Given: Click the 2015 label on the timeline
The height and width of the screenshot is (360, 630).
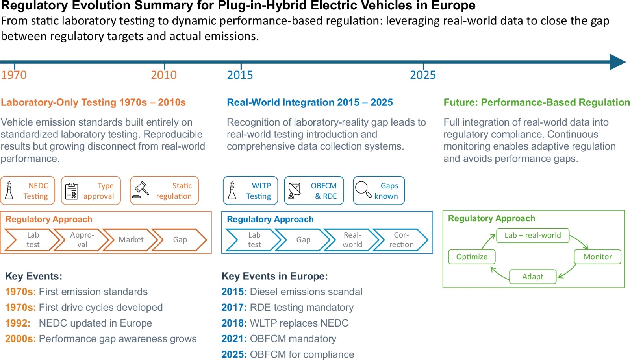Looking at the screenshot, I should click(240, 75).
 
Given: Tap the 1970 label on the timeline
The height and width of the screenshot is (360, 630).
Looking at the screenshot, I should click(14, 75).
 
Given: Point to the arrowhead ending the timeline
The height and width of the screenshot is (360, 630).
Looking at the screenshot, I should click(617, 62).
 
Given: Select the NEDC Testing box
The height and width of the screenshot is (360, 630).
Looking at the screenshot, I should click(28, 191).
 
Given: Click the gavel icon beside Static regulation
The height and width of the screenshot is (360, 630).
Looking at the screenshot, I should click(141, 190).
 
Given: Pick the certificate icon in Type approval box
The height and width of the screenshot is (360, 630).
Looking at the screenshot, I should click(71, 191).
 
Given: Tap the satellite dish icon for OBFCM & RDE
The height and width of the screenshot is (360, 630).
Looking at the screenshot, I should click(295, 191).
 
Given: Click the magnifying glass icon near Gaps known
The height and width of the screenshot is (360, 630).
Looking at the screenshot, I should click(363, 189).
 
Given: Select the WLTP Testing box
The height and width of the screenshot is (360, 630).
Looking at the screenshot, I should click(250, 191).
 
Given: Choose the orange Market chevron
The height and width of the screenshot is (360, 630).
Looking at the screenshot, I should click(131, 240).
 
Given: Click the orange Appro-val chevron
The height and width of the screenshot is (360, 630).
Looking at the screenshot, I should click(82, 240).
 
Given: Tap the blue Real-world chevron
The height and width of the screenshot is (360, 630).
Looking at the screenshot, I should click(352, 240).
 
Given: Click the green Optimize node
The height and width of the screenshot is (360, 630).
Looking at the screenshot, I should click(472, 257).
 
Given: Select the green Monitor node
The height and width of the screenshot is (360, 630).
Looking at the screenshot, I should click(597, 257).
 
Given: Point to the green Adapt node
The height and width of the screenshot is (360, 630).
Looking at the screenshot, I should click(532, 277).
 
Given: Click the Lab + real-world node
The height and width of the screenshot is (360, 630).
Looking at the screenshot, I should click(532, 235).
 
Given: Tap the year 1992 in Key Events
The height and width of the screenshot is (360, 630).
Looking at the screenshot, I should click(18, 323).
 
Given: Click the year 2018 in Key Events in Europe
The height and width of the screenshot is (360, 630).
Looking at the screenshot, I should click(234, 323).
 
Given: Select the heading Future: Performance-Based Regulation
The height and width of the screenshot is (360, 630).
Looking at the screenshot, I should click(536, 102).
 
